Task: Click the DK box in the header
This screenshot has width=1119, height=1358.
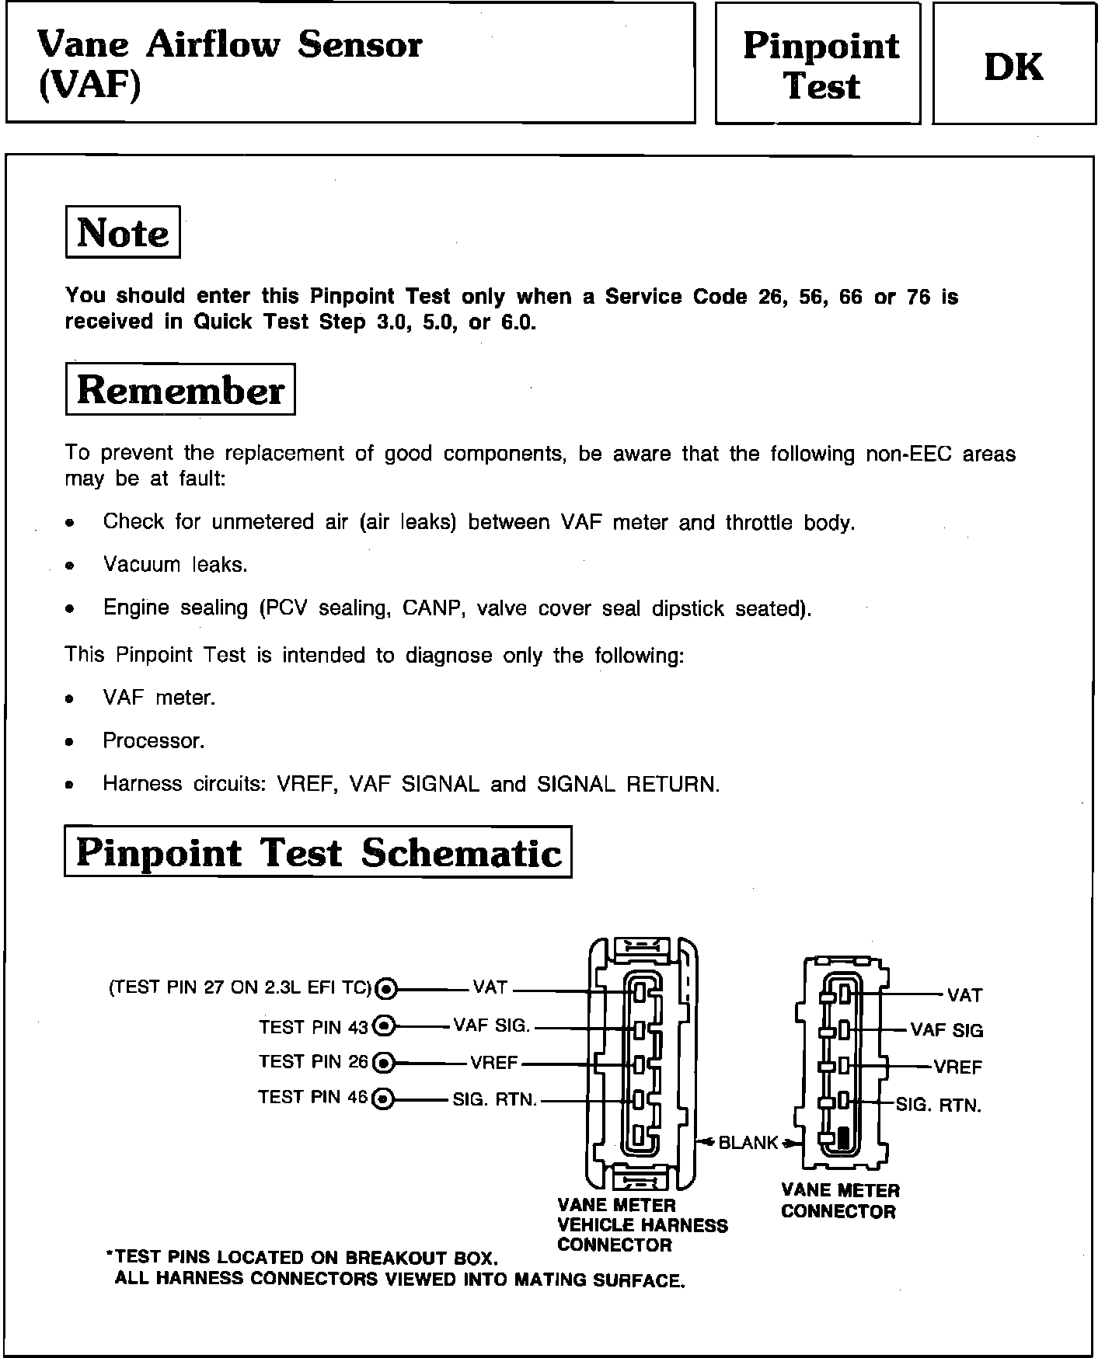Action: click(x=1013, y=65)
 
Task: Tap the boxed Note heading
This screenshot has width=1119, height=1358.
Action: click(x=123, y=232)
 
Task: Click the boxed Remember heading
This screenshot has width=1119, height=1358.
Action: click(x=180, y=389)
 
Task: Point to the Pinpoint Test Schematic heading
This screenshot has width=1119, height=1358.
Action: click(x=318, y=852)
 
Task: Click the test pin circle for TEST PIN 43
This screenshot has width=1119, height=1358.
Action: click(x=384, y=1026)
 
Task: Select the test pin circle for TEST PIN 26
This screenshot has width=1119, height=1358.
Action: click(x=384, y=1062)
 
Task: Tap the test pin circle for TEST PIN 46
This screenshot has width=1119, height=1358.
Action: click(x=383, y=1099)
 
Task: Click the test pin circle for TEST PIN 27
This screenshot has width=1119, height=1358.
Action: click(x=386, y=989)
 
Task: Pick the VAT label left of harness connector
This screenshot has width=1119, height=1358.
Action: click(x=490, y=987)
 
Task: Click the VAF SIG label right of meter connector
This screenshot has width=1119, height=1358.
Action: click(x=946, y=1031)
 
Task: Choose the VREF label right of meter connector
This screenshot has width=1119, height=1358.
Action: click(x=957, y=1067)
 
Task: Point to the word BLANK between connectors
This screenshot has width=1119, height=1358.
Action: click(x=748, y=1142)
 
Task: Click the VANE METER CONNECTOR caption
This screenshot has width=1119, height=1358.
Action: click(x=839, y=1201)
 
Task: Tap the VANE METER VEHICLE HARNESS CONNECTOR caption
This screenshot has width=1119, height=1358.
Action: click(x=642, y=1225)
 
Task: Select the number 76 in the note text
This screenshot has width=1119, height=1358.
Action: click(x=918, y=297)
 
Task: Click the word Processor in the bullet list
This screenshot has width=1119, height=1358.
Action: click(x=153, y=741)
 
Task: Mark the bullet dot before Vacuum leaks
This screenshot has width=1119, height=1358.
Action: click(x=70, y=566)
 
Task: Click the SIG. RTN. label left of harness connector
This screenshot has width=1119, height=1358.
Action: click(x=494, y=1100)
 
